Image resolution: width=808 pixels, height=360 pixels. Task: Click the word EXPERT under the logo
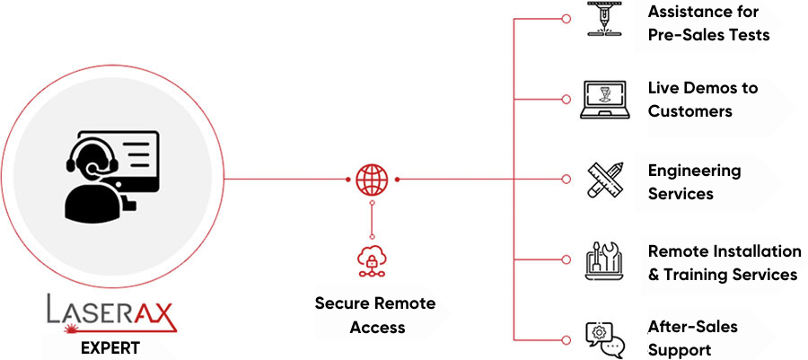(110, 347)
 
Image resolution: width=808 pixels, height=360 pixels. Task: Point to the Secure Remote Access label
(374, 314)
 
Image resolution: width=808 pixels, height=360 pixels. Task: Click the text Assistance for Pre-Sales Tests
(708, 23)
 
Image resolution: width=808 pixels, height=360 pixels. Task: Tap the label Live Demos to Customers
(702, 100)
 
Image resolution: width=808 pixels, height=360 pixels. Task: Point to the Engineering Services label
(694, 181)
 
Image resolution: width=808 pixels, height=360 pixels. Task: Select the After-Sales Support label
(692, 338)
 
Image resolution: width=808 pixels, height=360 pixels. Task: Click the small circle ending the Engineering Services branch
(566, 180)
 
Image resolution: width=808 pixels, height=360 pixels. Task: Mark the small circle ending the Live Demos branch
(566, 99)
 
